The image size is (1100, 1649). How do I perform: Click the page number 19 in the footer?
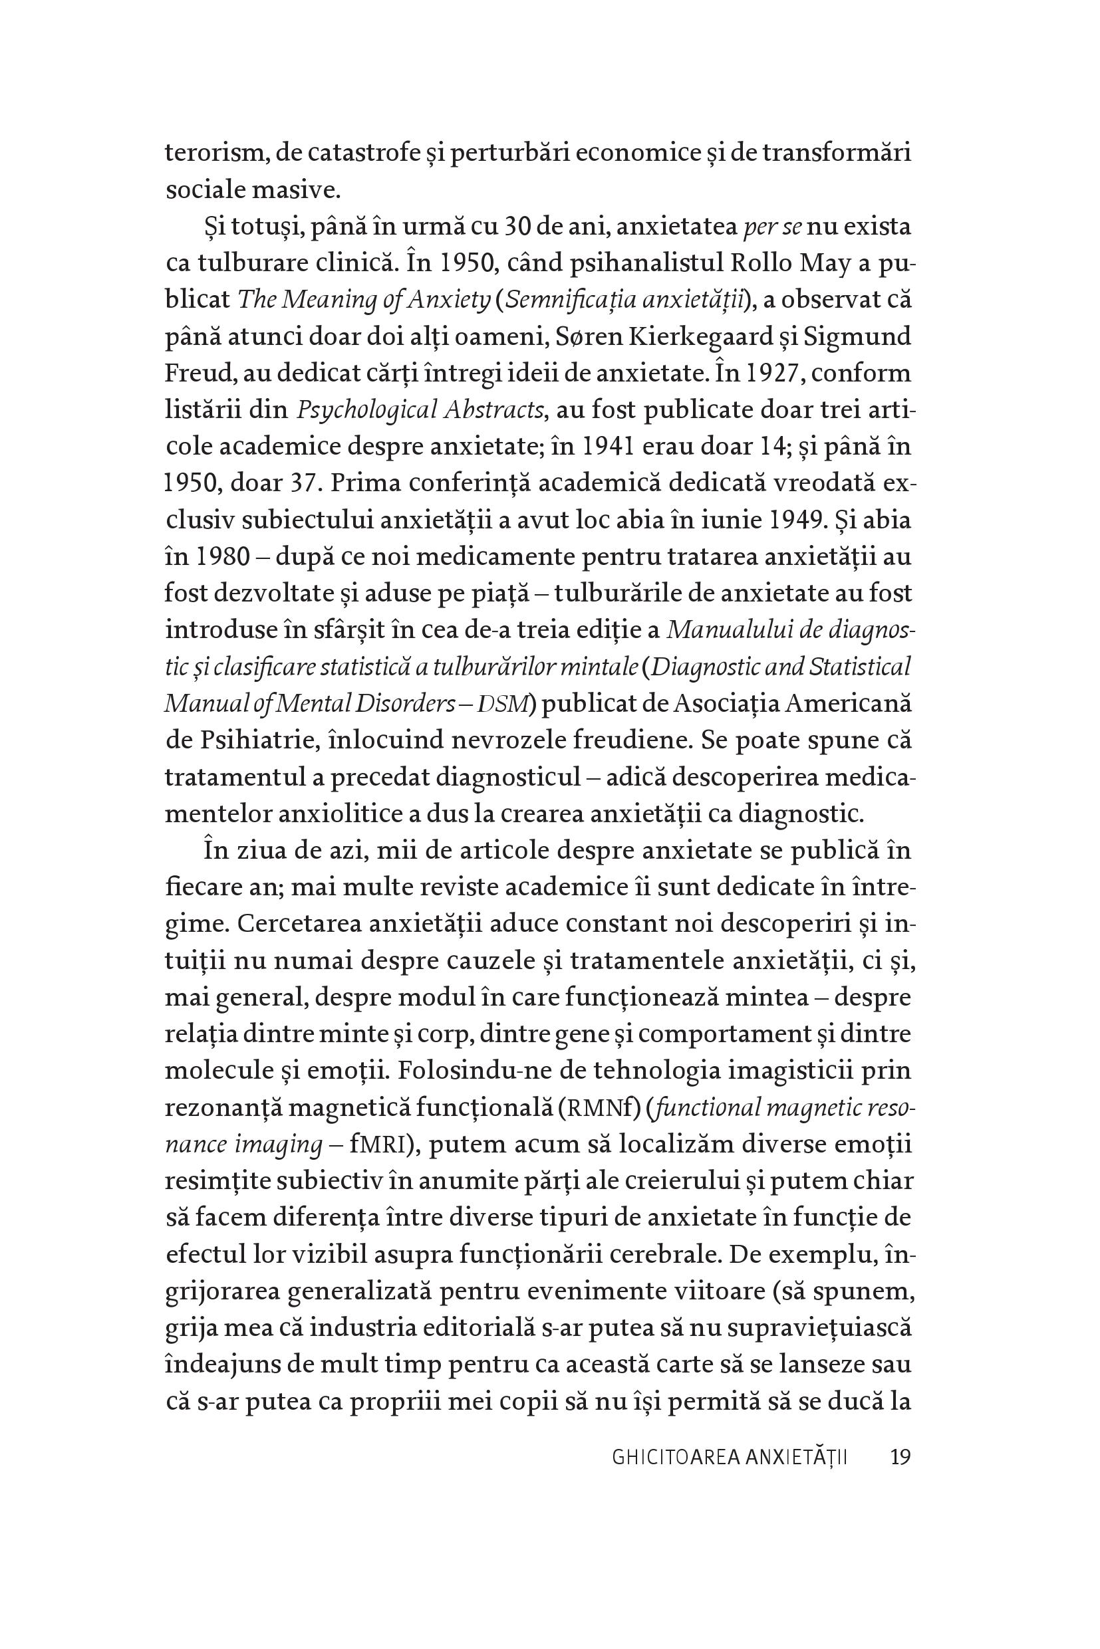(x=900, y=1458)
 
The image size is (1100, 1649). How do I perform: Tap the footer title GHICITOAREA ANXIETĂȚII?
(x=730, y=1458)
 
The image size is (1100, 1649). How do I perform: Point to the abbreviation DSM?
(x=502, y=703)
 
